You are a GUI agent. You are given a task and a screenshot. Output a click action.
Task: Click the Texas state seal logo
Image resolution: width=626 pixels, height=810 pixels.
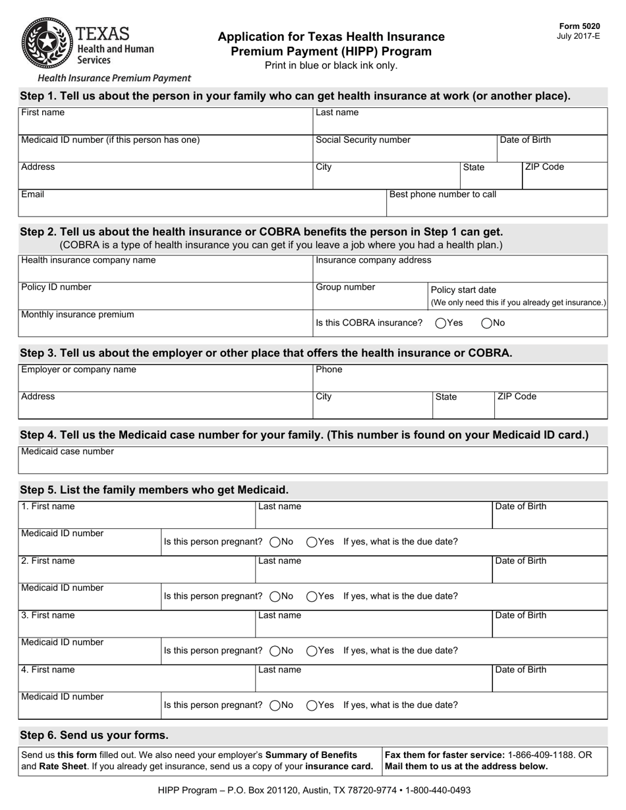[x=47, y=43]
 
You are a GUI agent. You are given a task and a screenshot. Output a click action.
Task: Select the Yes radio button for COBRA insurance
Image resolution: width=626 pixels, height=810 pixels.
[x=441, y=323]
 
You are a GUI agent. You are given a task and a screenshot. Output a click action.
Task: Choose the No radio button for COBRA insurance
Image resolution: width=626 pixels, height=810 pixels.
[x=487, y=323]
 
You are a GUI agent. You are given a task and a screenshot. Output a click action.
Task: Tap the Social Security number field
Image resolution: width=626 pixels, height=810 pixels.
[x=404, y=150]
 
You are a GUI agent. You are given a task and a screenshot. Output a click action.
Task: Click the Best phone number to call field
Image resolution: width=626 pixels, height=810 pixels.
[x=496, y=205]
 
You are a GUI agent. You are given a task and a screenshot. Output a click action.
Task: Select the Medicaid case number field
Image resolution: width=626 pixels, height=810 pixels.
[x=312, y=463]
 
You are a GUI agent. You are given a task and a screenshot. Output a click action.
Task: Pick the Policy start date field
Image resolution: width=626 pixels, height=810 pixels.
[x=517, y=296]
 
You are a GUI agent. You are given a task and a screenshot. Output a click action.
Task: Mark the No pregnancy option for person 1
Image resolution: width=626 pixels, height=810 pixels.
[x=275, y=542]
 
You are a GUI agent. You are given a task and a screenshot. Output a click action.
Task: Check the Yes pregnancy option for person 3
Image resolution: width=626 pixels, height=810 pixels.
[x=312, y=651]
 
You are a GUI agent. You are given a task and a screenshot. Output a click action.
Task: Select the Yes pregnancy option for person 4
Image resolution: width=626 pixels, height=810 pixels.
[x=312, y=705]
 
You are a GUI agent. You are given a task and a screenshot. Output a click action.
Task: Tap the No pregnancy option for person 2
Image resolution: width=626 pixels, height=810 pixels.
[x=275, y=596]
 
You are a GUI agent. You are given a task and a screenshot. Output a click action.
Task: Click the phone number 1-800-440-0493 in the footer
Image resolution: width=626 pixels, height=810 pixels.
[x=438, y=790]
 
